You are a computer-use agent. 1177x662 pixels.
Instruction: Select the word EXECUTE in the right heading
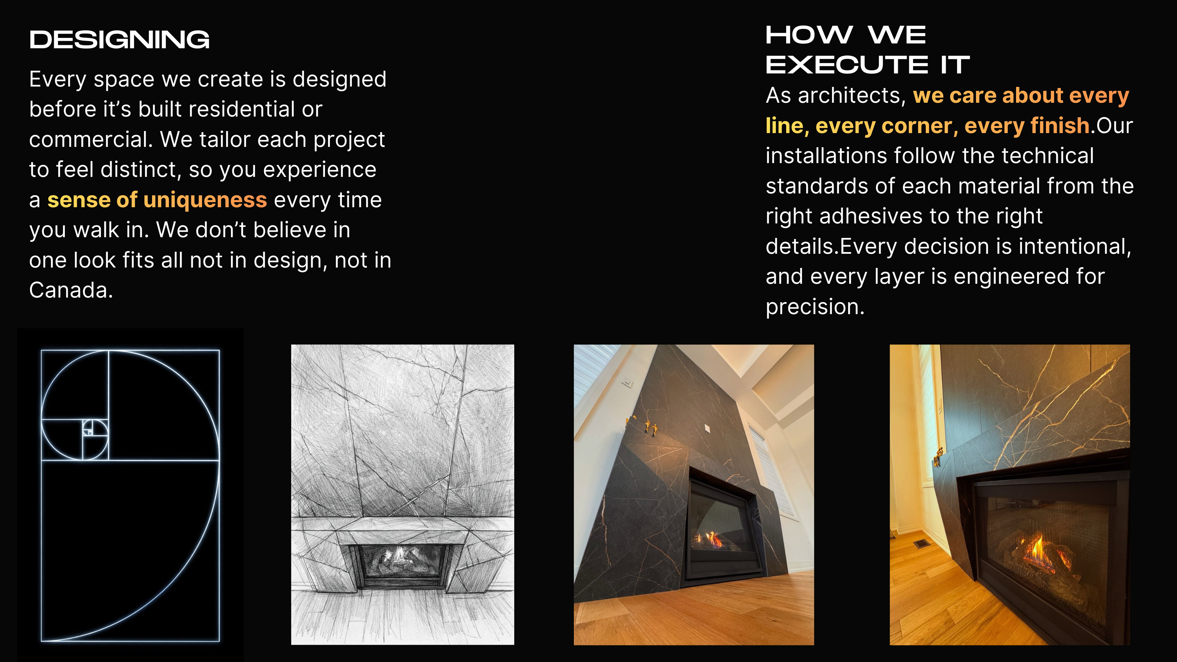(847, 64)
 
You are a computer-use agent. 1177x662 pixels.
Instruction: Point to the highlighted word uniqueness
(205, 200)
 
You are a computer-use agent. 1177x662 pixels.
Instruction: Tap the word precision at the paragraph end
(815, 307)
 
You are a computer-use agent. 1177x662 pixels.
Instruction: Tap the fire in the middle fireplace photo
(713, 540)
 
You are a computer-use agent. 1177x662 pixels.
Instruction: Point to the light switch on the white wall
(627, 381)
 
